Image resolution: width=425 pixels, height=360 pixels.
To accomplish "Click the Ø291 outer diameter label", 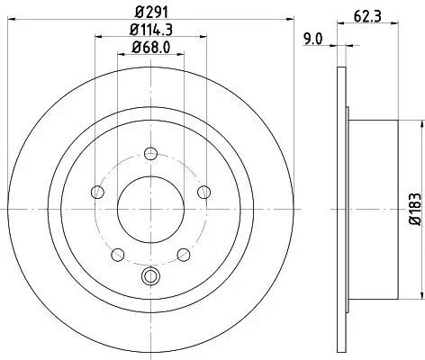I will [150, 13].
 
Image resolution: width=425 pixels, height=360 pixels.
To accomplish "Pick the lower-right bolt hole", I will [183, 252].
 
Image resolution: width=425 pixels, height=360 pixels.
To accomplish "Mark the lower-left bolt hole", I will [118, 252].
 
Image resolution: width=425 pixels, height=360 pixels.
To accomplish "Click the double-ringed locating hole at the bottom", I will [150, 276].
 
